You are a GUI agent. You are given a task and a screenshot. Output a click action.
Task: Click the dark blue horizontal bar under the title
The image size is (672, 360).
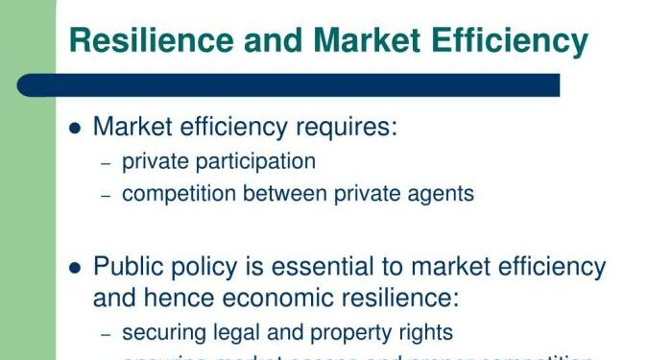click(x=288, y=85)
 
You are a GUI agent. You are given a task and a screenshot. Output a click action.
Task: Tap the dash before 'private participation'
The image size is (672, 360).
click(x=107, y=163)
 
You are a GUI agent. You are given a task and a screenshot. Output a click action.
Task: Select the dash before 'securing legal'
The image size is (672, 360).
click(x=107, y=334)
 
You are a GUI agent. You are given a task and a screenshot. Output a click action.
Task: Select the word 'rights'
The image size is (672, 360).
click(x=425, y=333)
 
